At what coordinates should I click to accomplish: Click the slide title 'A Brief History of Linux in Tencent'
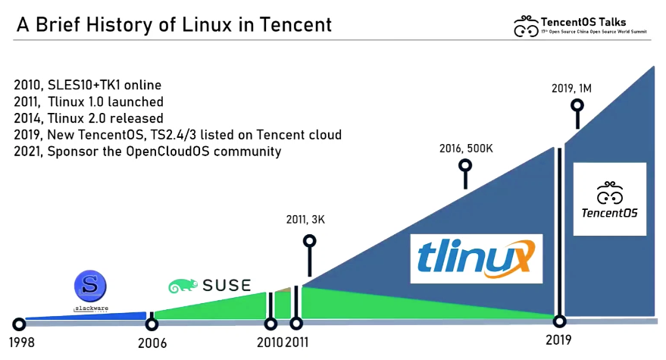pos(174,24)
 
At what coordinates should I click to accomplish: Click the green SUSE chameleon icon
pos(183,286)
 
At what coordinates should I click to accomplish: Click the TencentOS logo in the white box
pos(609,199)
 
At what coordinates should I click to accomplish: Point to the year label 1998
pos(17,342)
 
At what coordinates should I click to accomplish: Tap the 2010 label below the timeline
pos(270,342)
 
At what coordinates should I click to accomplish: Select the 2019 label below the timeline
pos(559,340)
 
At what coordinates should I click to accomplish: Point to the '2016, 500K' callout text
pos(466,149)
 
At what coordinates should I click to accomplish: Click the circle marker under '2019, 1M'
pos(578,106)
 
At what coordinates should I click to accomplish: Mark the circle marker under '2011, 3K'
pos(309,241)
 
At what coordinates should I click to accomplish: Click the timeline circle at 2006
pos(152,324)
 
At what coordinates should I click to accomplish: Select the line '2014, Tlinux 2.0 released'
pos(89,117)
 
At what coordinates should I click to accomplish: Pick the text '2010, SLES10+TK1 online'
pos(88,84)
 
